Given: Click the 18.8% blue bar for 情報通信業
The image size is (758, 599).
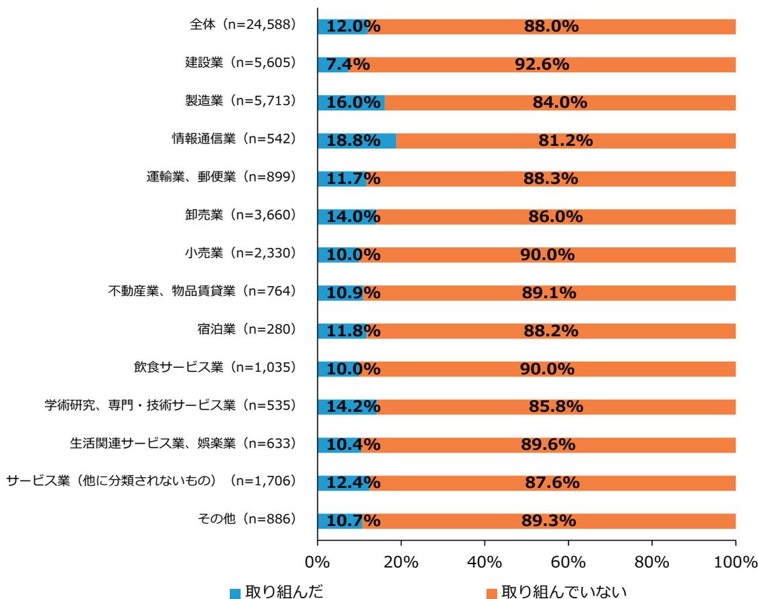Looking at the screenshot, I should click(356, 141).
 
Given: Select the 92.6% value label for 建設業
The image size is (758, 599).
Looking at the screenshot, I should click(542, 64).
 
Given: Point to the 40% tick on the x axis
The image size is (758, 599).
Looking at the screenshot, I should click(485, 561).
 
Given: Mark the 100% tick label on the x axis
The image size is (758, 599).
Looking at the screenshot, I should click(735, 561).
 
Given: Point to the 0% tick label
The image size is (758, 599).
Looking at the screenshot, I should click(317, 561).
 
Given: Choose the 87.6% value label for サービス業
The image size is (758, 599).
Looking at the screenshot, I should click(551, 482).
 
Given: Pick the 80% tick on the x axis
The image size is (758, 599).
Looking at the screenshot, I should click(652, 561).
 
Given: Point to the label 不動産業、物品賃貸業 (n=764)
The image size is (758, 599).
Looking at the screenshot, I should click(202, 291).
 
